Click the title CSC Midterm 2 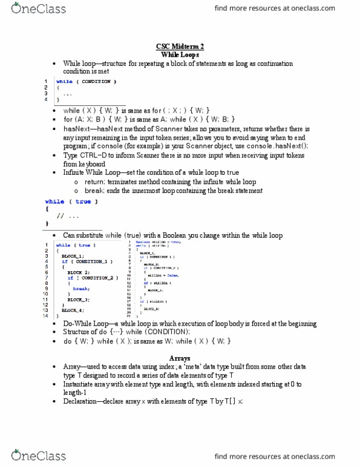click(x=180, y=47)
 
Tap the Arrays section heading click(x=180, y=358)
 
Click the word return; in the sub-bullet click(x=91, y=182)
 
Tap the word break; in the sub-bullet click(x=91, y=191)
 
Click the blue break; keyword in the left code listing click(x=80, y=289)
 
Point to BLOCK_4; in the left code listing click(x=72, y=310)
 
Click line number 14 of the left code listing click(x=44, y=316)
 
